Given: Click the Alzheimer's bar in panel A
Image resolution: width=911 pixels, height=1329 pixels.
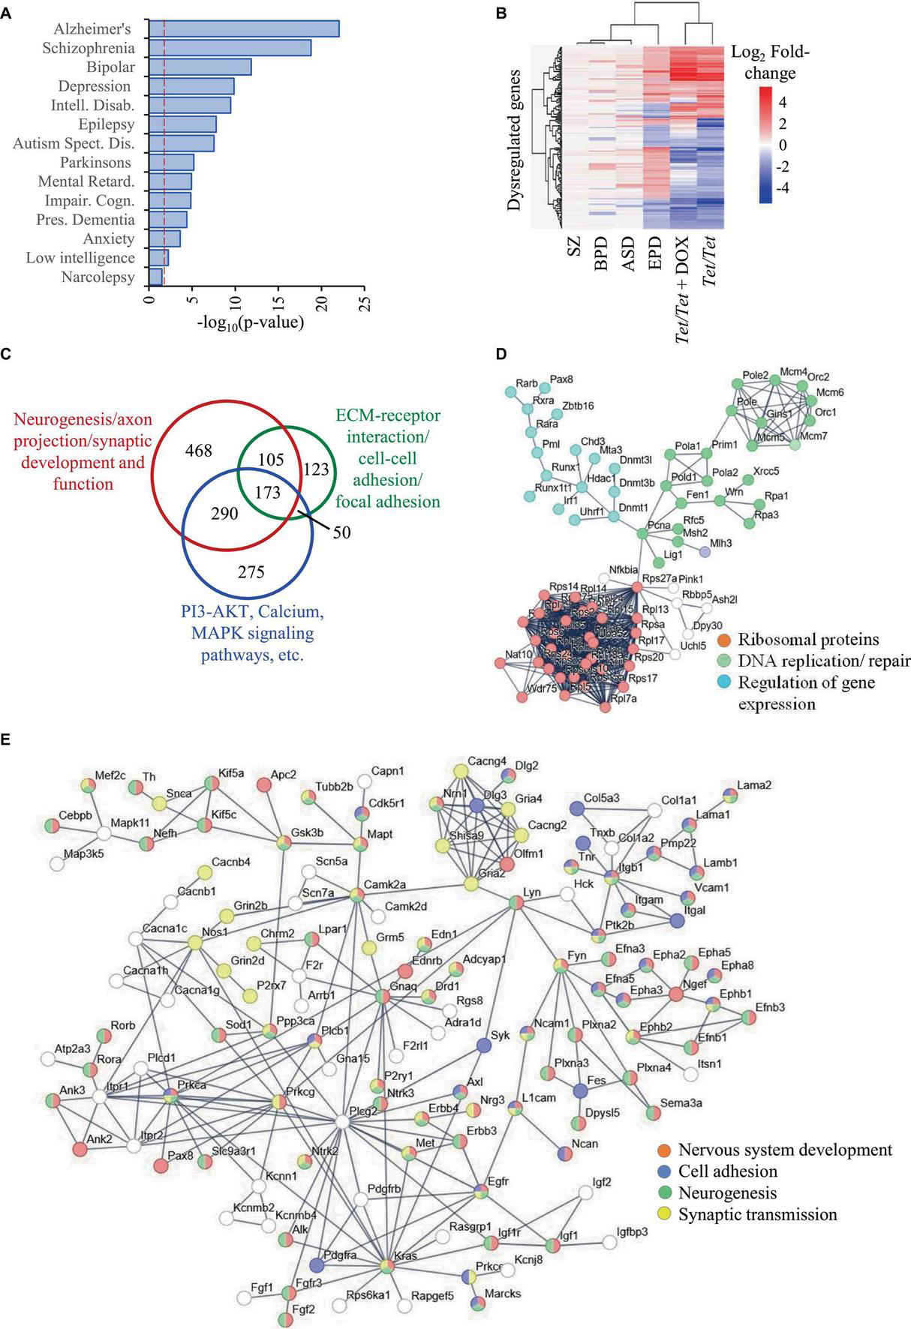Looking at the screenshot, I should pos(243,28).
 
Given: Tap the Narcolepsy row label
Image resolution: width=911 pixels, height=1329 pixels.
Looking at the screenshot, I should pos(98,277).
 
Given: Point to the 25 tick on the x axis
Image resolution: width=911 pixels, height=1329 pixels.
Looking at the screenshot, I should pos(365,303).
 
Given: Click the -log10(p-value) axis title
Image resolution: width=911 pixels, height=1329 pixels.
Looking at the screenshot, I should pos(251,323).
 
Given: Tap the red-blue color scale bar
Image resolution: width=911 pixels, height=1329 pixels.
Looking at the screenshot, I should pos(761,145).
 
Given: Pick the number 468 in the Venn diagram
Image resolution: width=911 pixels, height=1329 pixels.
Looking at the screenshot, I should pos(198,451).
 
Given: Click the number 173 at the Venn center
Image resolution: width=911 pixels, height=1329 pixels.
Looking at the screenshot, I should pos(268,493).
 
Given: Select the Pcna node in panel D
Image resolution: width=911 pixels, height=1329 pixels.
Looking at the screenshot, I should pos(642,533).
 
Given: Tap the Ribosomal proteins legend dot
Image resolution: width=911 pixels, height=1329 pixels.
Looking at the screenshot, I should pos(723,640).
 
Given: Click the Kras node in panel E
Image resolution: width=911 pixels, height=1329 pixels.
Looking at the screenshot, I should pos(386,1265).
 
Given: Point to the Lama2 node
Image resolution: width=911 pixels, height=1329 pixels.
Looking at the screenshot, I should pos(729,796).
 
